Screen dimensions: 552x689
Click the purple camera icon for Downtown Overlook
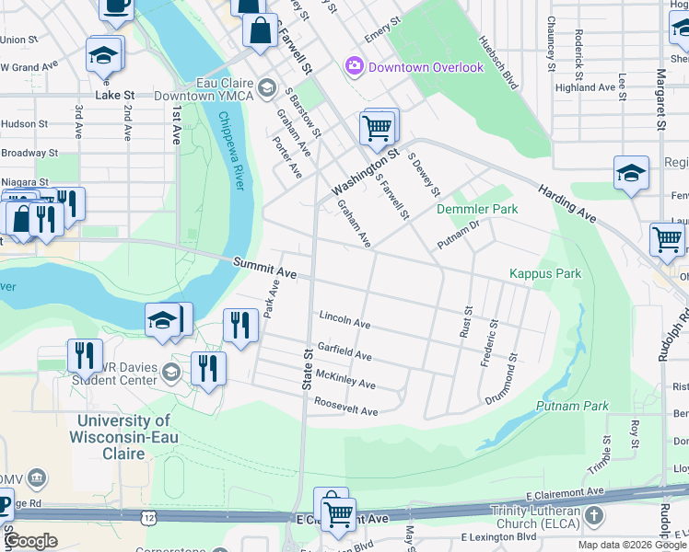click(x=354, y=66)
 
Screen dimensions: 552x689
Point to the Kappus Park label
click(x=545, y=274)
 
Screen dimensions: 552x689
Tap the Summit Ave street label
click(x=264, y=269)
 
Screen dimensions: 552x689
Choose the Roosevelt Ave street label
click(x=345, y=407)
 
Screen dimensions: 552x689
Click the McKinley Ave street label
click(x=344, y=378)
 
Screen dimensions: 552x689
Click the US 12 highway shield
click(x=148, y=519)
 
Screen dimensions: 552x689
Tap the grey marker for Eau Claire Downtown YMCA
click(x=266, y=88)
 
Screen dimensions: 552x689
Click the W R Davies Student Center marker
click(x=170, y=373)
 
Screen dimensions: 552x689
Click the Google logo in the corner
click(x=30, y=541)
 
